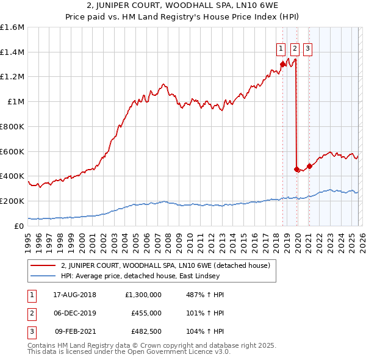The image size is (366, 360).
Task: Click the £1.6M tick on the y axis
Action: tap(13, 27)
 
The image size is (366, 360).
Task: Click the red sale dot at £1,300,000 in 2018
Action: tap(282, 64)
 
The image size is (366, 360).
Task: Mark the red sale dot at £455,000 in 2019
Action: tap(296, 169)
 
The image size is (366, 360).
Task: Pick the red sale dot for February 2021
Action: tap(309, 165)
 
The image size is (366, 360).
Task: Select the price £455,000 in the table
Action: tap(146, 313)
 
